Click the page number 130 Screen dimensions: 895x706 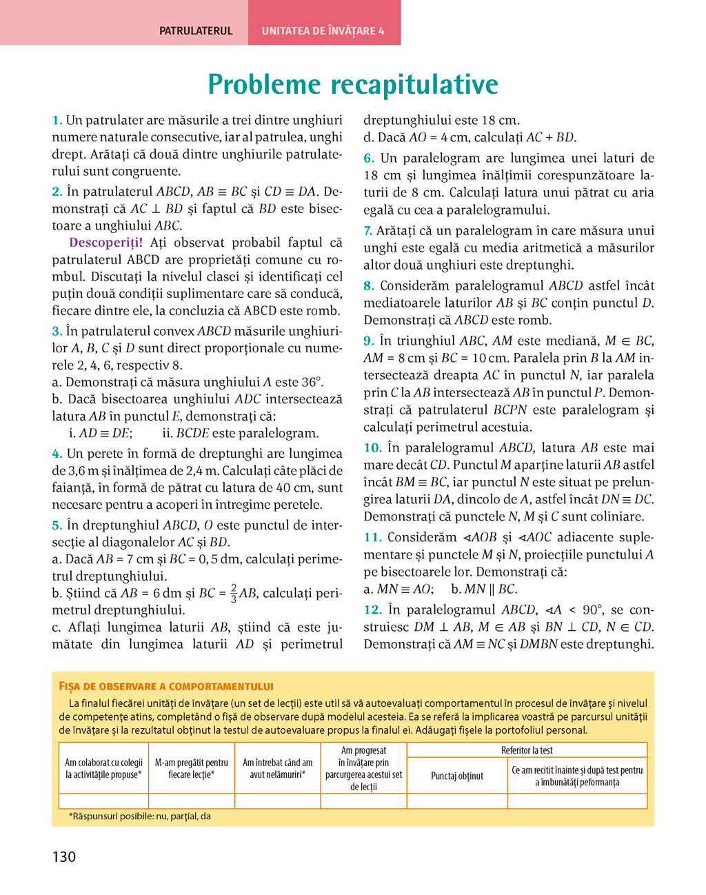(64, 857)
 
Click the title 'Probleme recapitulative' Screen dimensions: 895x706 (353, 85)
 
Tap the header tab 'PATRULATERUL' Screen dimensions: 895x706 (196, 31)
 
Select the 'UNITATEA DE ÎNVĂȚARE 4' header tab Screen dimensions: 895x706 (323, 31)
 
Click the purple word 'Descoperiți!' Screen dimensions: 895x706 (106, 243)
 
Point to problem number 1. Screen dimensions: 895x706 (57, 121)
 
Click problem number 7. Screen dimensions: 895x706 (368, 231)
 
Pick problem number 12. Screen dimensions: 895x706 (372, 610)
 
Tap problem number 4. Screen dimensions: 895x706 (57, 454)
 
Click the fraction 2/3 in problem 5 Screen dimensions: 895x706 (234, 594)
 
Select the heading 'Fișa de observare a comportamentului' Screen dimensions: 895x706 (166, 686)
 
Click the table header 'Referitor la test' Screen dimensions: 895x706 (527, 750)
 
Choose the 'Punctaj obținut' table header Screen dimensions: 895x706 (457, 776)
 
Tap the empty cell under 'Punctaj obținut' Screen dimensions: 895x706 (457, 801)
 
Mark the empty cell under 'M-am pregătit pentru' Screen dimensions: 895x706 (191, 801)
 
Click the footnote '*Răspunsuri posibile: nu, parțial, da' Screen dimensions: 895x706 (140, 816)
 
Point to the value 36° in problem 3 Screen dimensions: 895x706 (312, 383)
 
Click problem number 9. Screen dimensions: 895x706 (369, 341)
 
